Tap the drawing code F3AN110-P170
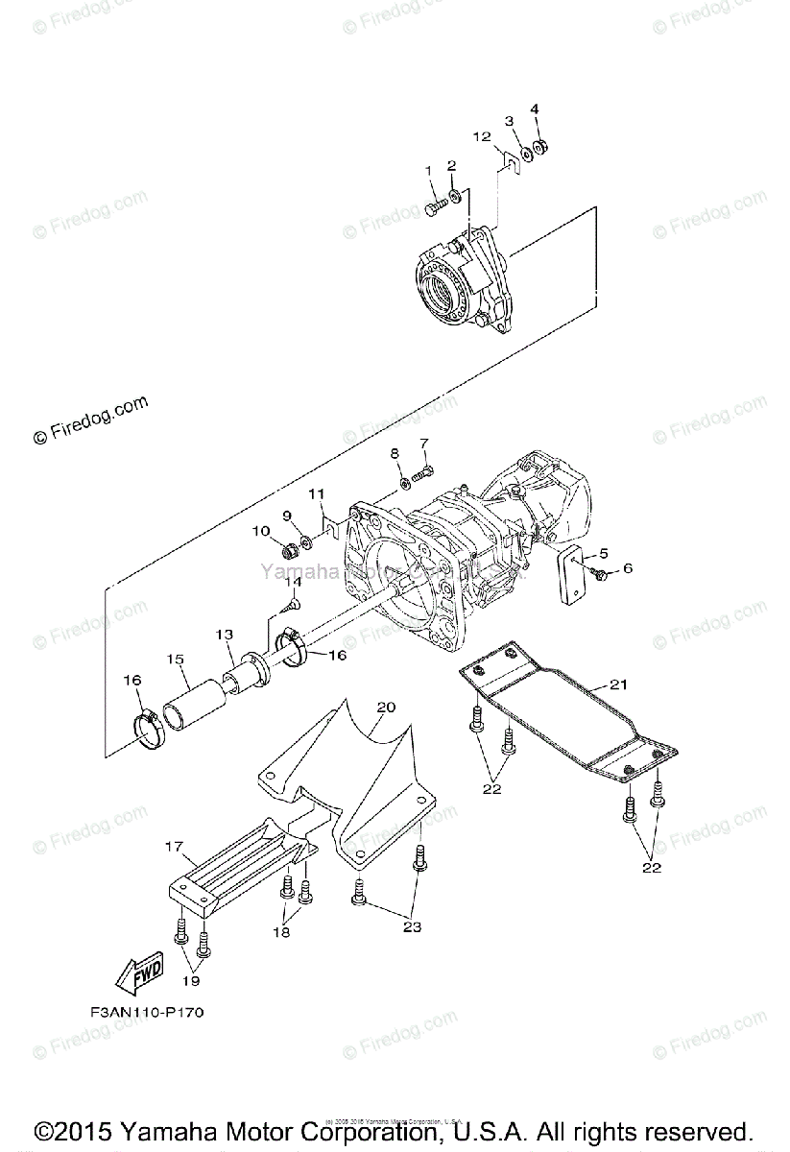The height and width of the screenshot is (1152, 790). (x=146, y=1012)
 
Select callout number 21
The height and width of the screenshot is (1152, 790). (x=617, y=684)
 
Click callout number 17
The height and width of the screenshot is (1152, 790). (x=174, y=847)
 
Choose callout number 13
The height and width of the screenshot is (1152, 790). (x=224, y=635)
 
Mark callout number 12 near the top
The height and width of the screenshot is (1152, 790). (x=482, y=137)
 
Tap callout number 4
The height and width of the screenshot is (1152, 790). (x=535, y=108)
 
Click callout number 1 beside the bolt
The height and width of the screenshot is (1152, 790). (x=429, y=171)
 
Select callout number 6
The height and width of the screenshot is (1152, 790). (x=628, y=568)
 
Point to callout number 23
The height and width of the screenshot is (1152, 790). (x=412, y=927)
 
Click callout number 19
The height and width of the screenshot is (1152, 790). (x=192, y=980)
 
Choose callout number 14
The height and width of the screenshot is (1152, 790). (x=292, y=581)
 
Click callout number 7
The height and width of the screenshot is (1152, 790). (x=423, y=443)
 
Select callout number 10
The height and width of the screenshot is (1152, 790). (x=261, y=530)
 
